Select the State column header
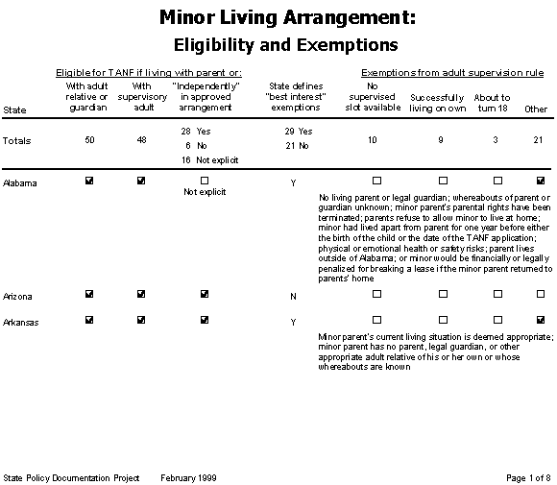click(x=14, y=109)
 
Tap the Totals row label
click(x=16, y=140)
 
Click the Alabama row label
click(x=20, y=182)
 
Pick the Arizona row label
click(x=18, y=296)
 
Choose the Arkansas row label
click(x=21, y=321)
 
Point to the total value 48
click(x=141, y=140)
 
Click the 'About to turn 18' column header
click(x=492, y=104)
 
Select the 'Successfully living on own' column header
click(x=437, y=104)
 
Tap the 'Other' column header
click(x=535, y=109)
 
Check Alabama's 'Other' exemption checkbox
click(x=540, y=181)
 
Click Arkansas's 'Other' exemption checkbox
click(x=540, y=320)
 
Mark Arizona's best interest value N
click(x=293, y=297)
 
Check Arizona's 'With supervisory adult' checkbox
click(x=141, y=295)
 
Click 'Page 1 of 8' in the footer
click(x=527, y=477)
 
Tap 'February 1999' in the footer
click(x=190, y=477)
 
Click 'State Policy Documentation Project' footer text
click(x=72, y=477)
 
